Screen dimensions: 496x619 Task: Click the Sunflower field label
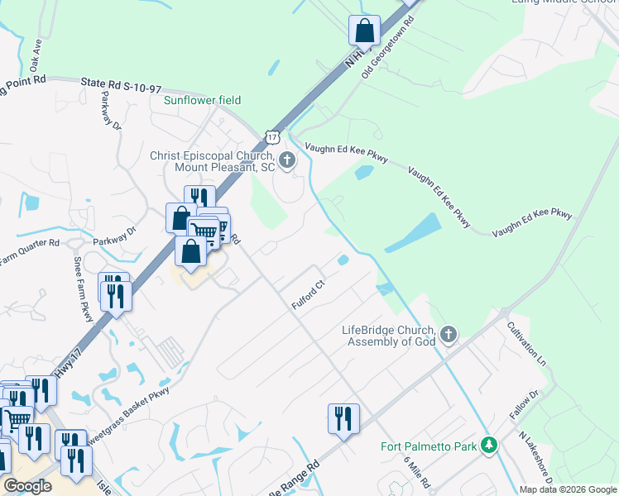[202, 100]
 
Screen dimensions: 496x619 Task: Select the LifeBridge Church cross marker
[448, 335]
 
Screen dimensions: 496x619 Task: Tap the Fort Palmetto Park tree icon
[489, 446]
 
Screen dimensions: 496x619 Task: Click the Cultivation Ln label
[526, 345]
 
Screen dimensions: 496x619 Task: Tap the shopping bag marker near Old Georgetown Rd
[364, 31]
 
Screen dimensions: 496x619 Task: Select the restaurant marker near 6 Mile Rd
[343, 418]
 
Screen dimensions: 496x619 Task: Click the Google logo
[27, 486]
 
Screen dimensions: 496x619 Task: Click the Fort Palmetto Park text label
[429, 446]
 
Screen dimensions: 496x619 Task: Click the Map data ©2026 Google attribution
[568, 489]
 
